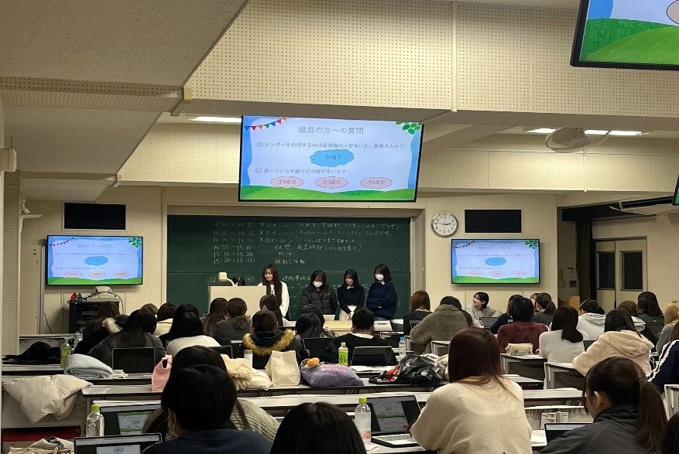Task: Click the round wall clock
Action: coord(444,224)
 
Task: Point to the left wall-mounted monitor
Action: coord(94,260)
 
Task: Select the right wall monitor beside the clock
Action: coord(495,261)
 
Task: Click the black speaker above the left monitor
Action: coord(94,216)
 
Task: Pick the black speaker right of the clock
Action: coord(492,221)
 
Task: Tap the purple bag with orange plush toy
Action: coord(331,374)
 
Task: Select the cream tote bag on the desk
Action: coord(283,369)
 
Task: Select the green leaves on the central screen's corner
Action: coord(410,126)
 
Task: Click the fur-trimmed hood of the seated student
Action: coord(267,340)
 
